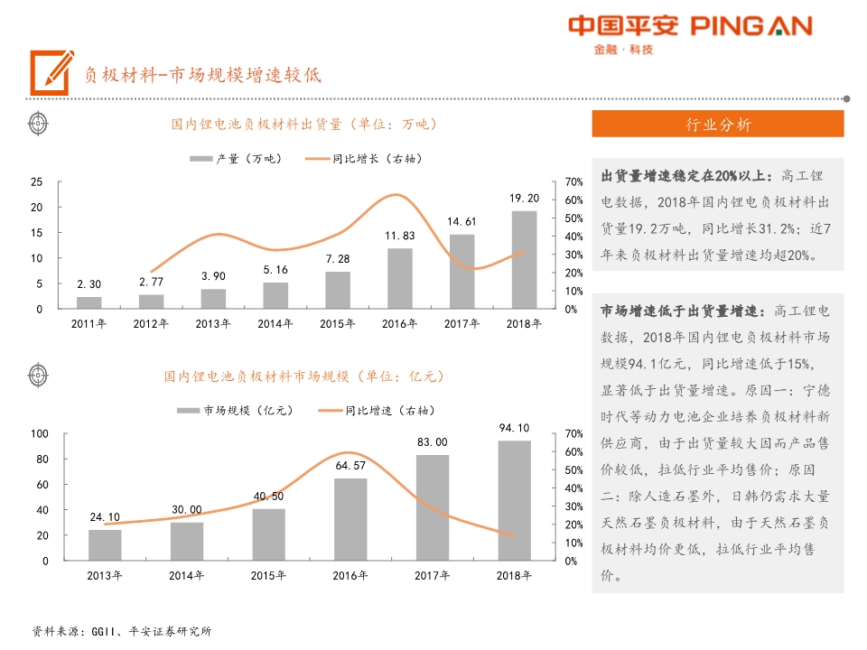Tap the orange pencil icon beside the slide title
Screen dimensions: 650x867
(51, 71)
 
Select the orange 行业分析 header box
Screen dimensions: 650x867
(717, 125)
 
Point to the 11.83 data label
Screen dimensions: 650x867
(399, 237)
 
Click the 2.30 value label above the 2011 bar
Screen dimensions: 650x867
(89, 284)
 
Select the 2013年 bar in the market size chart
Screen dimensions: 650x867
(105, 544)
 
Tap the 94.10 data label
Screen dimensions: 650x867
(514, 428)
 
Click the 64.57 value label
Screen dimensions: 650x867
(350, 466)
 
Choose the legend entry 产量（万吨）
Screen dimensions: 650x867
(237, 159)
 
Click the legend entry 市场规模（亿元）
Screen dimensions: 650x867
(236, 410)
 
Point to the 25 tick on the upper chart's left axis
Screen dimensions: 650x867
(37, 182)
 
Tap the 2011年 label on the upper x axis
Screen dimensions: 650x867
(89, 323)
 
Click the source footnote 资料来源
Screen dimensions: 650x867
(121, 631)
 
